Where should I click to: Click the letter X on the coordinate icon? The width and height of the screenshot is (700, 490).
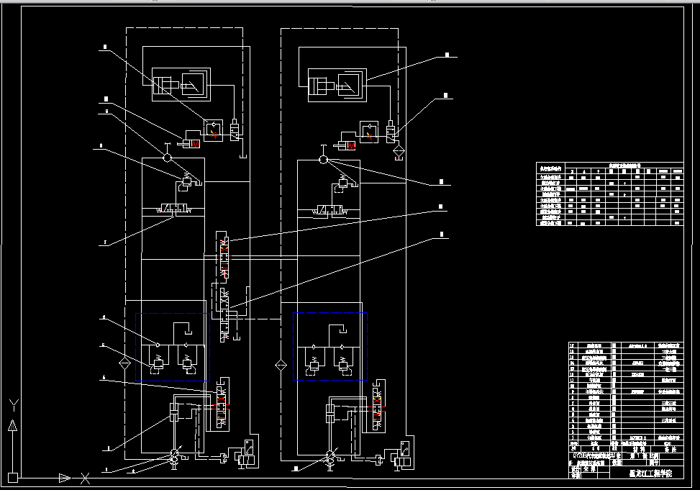(86, 477)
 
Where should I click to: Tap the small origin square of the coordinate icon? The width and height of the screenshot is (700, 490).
(12, 476)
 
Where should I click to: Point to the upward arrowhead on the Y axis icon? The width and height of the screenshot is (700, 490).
(12, 425)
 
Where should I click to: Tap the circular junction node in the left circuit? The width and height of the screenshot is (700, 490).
(166, 158)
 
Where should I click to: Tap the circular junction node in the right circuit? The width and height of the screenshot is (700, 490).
(323, 159)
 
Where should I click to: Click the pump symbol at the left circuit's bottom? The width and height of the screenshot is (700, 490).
(174, 455)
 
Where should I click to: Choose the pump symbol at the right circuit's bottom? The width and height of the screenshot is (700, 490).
(330, 455)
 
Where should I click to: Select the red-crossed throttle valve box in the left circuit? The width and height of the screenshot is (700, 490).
(213, 130)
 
